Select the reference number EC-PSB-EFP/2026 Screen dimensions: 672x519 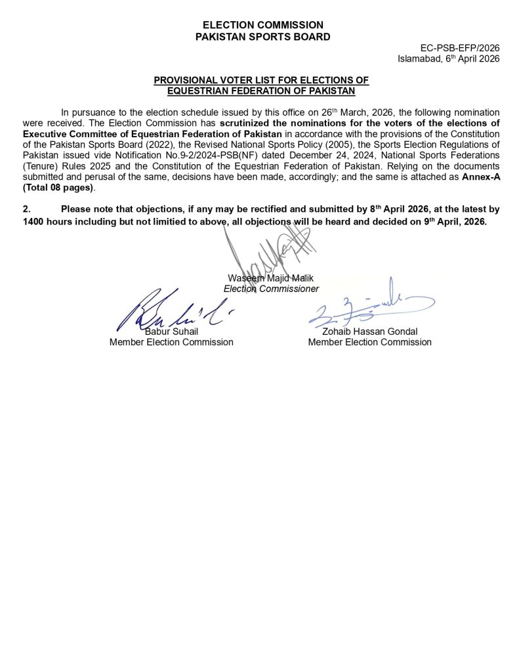460,49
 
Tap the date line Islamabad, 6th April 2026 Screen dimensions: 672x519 449,58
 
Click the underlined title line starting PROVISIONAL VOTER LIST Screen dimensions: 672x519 261,80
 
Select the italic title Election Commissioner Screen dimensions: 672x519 271,289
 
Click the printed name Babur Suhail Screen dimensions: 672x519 171,331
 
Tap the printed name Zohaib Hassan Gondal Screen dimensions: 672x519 369,331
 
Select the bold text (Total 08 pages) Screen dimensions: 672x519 58,188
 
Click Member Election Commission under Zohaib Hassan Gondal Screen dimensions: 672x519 369,342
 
